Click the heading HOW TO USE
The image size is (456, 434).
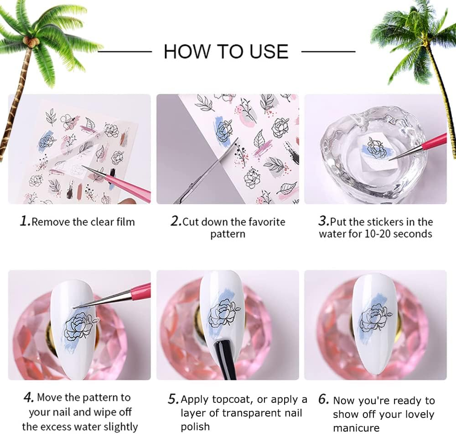(226, 51)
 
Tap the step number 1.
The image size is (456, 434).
(25, 222)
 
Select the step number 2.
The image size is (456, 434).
(176, 222)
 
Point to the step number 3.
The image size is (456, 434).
(323, 222)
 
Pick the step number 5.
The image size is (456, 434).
(173, 399)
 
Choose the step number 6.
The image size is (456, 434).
(324, 399)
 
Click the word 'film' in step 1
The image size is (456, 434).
(124, 222)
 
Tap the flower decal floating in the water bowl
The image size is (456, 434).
(375, 148)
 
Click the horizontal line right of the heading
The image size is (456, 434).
(328, 52)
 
